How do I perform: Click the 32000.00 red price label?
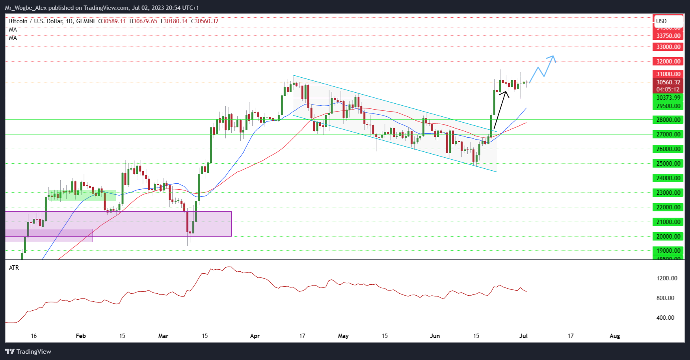pyautogui.click(x=668, y=61)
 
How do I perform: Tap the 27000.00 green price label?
pyautogui.click(x=668, y=134)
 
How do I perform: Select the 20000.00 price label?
pyautogui.click(x=668, y=236)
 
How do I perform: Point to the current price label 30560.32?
pyautogui.click(x=668, y=82)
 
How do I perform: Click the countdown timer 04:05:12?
pyautogui.click(x=668, y=90)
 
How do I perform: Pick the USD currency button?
pyautogui.click(x=668, y=21)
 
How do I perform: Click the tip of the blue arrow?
pyautogui.click(x=553, y=56)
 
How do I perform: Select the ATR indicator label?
pyautogui.click(x=14, y=267)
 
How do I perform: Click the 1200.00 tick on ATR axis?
pyautogui.click(x=667, y=278)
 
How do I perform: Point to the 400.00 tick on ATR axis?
pyautogui.click(x=665, y=317)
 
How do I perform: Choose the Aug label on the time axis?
pyautogui.click(x=615, y=336)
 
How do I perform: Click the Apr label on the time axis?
pyautogui.click(x=255, y=336)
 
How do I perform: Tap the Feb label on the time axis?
pyautogui.click(x=80, y=336)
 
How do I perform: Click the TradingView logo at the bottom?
pyautogui.click(x=28, y=351)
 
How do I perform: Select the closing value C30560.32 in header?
pyautogui.click(x=205, y=21)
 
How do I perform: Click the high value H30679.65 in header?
pyautogui.click(x=143, y=21)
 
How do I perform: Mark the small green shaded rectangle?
pyautogui.click(x=82, y=195)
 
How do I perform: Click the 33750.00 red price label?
pyautogui.click(x=668, y=35)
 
